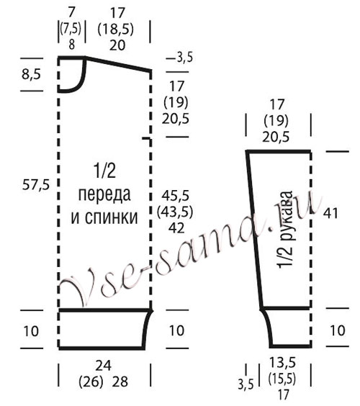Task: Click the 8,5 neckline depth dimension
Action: (x=32, y=75)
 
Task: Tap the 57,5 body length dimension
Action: (x=36, y=185)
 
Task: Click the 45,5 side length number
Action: (x=176, y=195)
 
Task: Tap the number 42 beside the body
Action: (x=176, y=228)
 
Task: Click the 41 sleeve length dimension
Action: (x=330, y=214)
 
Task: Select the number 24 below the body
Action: (x=104, y=366)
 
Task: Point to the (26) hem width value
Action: (x=91, y=382)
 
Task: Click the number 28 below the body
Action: (x=120, y=382)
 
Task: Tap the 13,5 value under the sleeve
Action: (x=282, y=362)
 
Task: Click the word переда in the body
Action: (x=104, y=194)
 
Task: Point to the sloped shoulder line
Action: (x=118, y=63)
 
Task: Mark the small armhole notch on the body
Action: (x=147, y=140)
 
